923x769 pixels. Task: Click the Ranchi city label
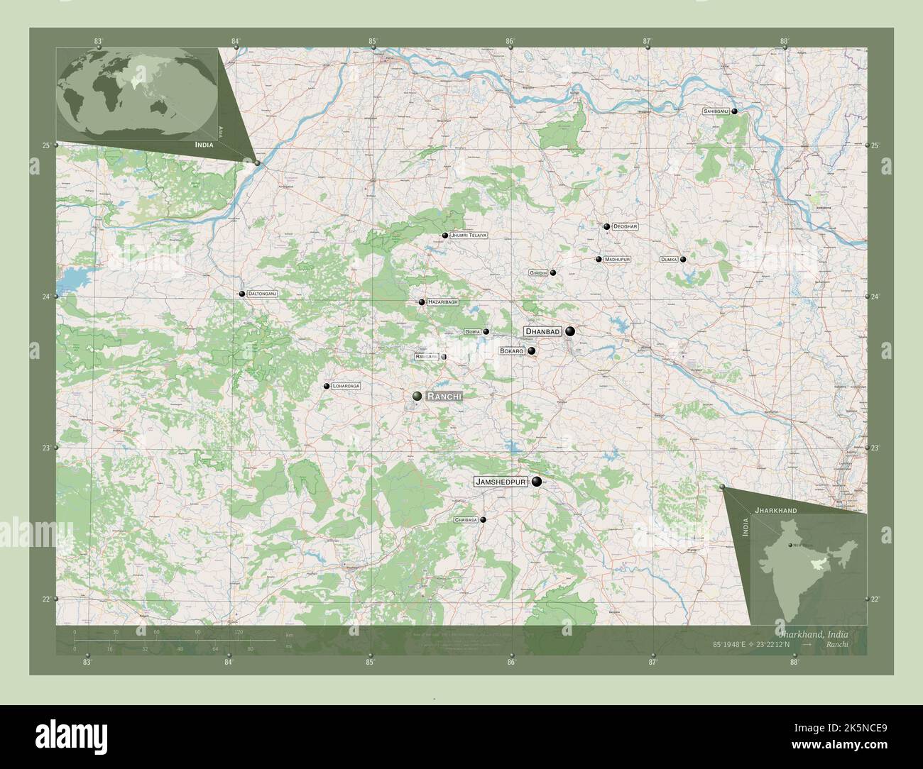[444, 397]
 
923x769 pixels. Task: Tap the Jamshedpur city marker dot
[536, 482]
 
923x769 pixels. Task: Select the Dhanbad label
[542, 331]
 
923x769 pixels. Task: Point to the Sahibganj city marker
[735, 111]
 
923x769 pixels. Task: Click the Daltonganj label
[262, 293]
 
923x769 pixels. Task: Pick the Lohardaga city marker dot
[327, 386]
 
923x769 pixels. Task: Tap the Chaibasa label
[465, 520]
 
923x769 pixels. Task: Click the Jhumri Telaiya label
[469, 235]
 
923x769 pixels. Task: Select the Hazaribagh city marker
[422, 302]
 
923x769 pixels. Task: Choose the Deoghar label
[626, 226]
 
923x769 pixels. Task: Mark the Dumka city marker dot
[683, 260]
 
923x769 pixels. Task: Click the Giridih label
[538, 272]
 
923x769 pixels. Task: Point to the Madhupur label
[617, 260]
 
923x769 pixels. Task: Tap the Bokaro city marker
[531, 350]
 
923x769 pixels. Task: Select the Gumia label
[473, 331]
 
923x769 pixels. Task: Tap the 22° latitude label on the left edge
[45, 599]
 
